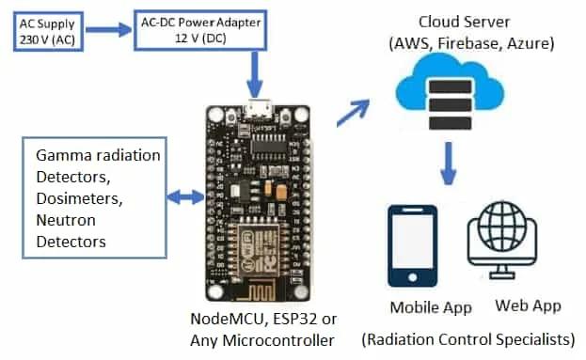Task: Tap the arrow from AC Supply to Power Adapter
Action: pyautogui.click(x=108, y=30)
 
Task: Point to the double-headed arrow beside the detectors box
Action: pyautogui.click(x=184, y=197)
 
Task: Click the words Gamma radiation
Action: pyautogui.click(x=98, y=155)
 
